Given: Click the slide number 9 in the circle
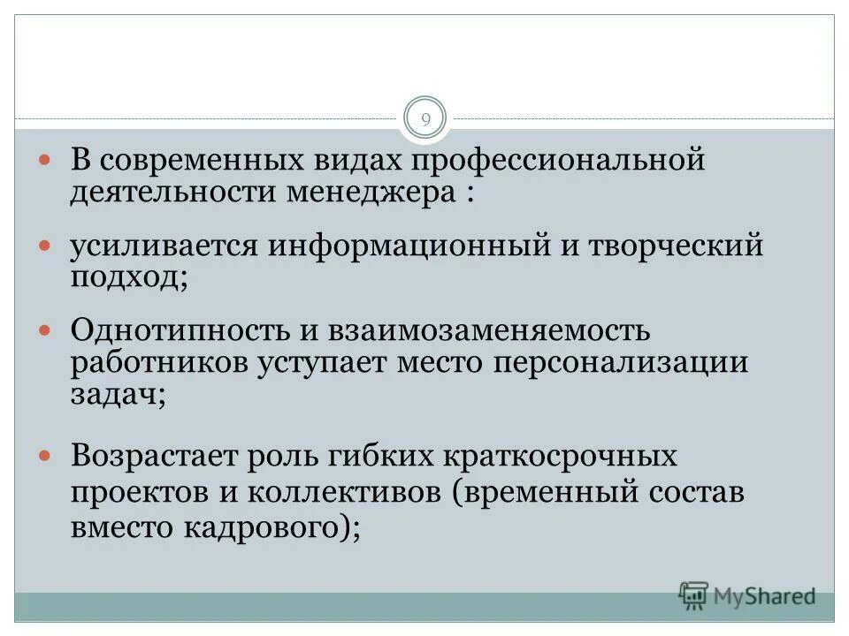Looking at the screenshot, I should point(424,119).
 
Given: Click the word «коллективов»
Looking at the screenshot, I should point(333,492).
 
